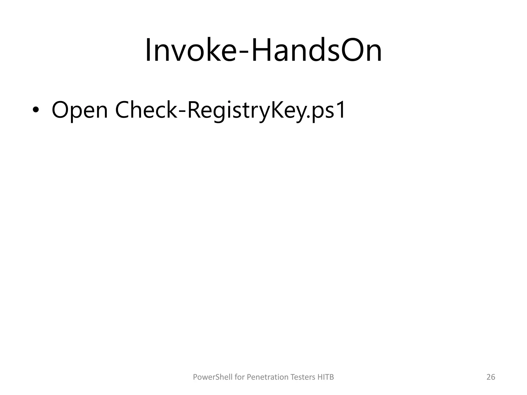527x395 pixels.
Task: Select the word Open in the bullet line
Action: tap(80, 111)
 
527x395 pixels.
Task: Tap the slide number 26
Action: tap(491, 377)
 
